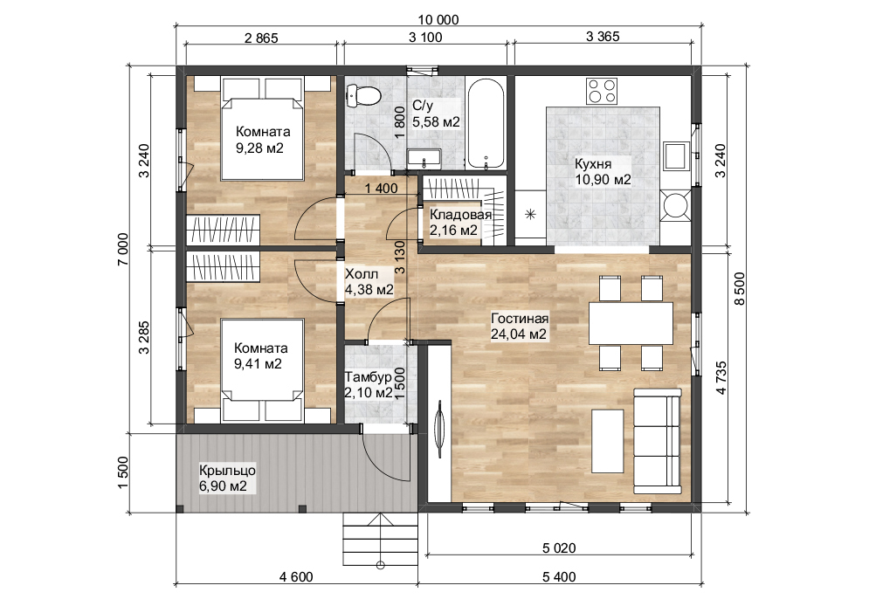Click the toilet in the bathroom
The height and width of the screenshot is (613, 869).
[x=364, y=94]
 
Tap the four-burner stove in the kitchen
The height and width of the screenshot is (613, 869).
[x=601, y=90]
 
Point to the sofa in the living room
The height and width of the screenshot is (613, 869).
[x=656, y=443]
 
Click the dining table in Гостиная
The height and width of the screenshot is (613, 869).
[x=631, y=323]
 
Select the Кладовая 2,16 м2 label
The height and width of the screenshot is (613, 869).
[x=459, y=223]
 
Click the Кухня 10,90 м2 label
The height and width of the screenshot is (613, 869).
[x=603, y=171]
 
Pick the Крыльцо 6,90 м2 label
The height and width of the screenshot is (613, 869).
[x=223, y=477]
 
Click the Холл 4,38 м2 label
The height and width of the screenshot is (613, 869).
[x=369, y=281]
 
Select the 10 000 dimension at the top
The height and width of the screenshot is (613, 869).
[x=438, y=20]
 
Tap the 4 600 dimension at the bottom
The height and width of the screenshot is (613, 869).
[x=296, y=577]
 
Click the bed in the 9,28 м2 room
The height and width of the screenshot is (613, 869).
[x=261, y=128]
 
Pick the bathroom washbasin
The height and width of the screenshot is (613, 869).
[x=425, y=158]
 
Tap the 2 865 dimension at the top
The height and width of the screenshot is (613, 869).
[x=260, y=37]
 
